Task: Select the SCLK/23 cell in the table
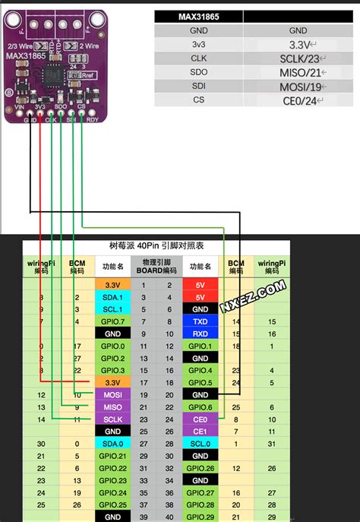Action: (x=298, y=59)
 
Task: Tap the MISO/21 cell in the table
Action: (x=298, y=72)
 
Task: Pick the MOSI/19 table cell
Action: (x=298, y=87)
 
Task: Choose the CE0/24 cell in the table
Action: (x=298, y=100)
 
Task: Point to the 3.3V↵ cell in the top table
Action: (x=298, y=45)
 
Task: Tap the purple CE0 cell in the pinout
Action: (x=201, y=418)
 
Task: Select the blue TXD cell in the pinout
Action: (x=201, y=321)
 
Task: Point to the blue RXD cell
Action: (x=201, y=334)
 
